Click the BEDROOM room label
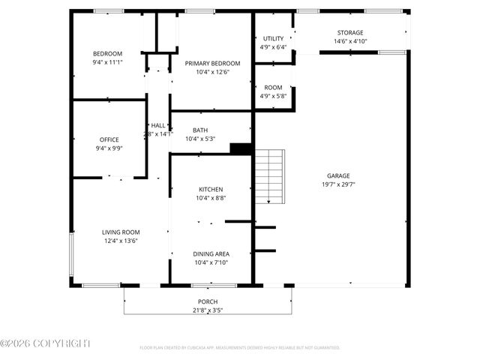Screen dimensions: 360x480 click(x=108, y=53)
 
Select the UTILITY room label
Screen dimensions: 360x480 click(x=273, y=38)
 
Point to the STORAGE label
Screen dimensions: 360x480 click(x=349, y=32)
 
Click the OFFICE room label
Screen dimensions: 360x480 click(x=109, y=139)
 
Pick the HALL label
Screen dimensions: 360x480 click(x=158, y=125)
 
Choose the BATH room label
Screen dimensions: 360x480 click(x=200, y=130)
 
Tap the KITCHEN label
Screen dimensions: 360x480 click(x=210, y=189)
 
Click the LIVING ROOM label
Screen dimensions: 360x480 click(x=121, y=232)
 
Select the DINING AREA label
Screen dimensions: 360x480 click(x=211, y=254)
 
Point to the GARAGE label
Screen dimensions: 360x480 click(x=338, y=175)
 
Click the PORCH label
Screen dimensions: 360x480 click(x=207, y=301)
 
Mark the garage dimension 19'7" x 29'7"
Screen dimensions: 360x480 click(x=338, y=184)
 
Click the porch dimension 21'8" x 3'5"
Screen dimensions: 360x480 click(x=207, y=310)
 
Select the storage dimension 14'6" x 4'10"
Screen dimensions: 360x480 click(x=349, y=41)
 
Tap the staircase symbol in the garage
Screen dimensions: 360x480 click(x=269, y=176)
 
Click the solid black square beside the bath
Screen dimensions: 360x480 click(x=240, y=148)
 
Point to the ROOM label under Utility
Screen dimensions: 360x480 click(x=273, y=88)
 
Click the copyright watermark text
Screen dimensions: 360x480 click(x=45, y=343)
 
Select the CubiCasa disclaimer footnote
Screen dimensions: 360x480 click(x=239, y=348)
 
